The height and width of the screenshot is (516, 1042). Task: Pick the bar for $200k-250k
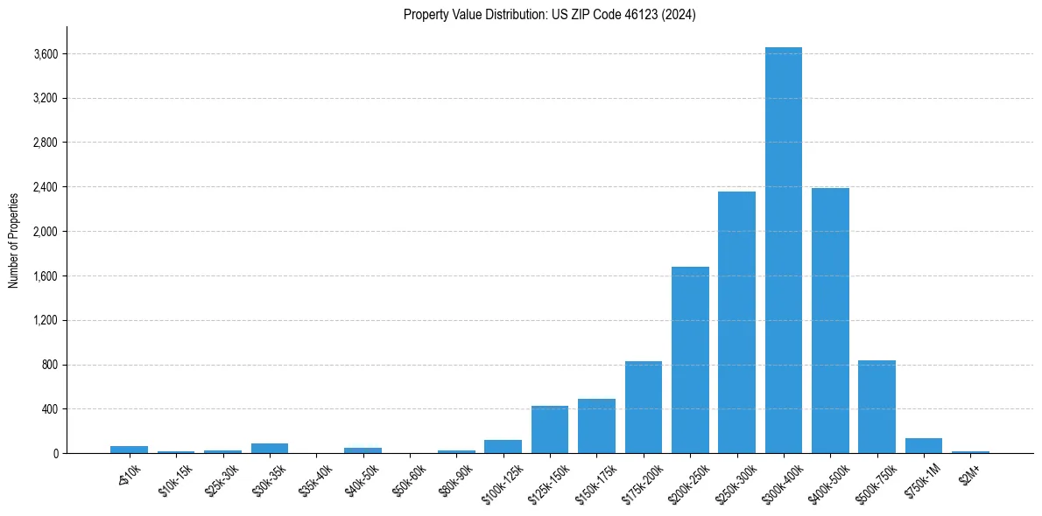[690, 359]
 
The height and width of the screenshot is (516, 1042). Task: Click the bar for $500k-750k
[877, 407]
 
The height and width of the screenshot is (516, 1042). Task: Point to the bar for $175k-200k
[643, 407]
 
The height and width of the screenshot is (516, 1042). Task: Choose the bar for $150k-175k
[596, 426]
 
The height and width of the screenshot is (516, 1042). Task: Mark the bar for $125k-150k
[550, 429]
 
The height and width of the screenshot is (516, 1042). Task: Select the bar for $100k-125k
[503, 446]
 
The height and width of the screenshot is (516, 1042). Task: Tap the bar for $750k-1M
[924, 445]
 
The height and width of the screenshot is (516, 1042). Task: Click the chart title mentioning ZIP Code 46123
[550, 15]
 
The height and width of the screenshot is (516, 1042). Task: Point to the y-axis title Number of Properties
[14, 240]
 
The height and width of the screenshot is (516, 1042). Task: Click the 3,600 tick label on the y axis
[45, 54]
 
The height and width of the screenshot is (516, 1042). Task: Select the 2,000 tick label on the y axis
[45, 232]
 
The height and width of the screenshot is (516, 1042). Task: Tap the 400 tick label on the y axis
[49, 409]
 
